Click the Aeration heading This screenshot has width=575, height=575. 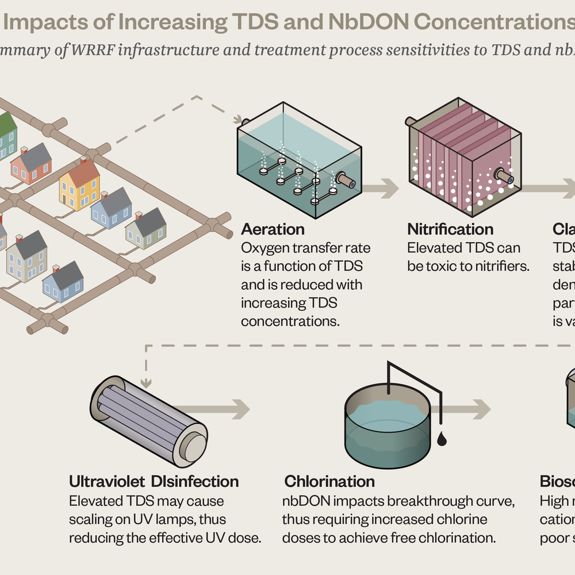pos(273,229)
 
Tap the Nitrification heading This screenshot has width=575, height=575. pos(450,229)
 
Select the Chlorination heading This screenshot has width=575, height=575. pos(329,481)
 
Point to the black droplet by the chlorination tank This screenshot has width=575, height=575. pos(441,439)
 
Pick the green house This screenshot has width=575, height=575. pos(6,136)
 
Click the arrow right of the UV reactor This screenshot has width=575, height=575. pos(230,409)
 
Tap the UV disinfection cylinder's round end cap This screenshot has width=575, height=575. pos(194,446)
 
